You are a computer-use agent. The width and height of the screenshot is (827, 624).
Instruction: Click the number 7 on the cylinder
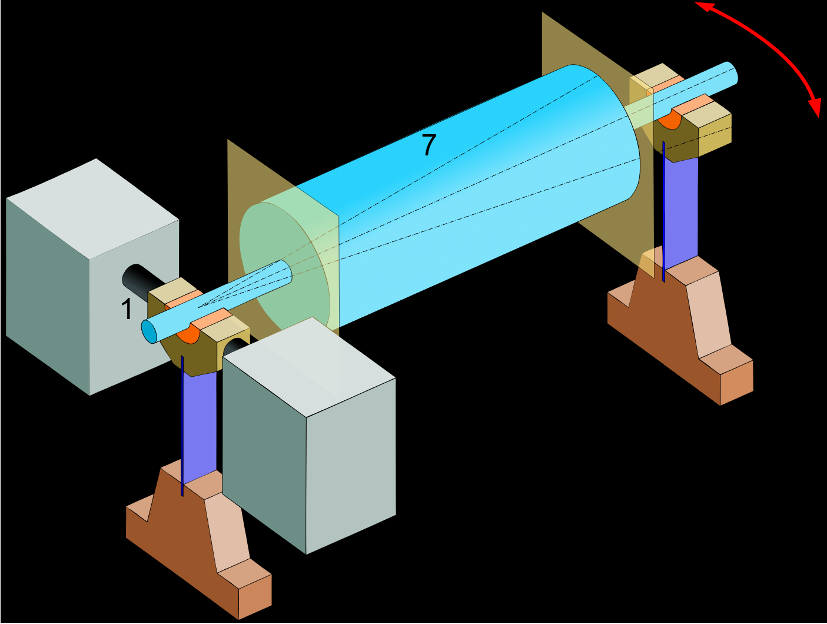click(x=429, y=145)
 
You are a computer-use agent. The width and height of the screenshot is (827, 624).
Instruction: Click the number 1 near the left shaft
click(x=127, y=309)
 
